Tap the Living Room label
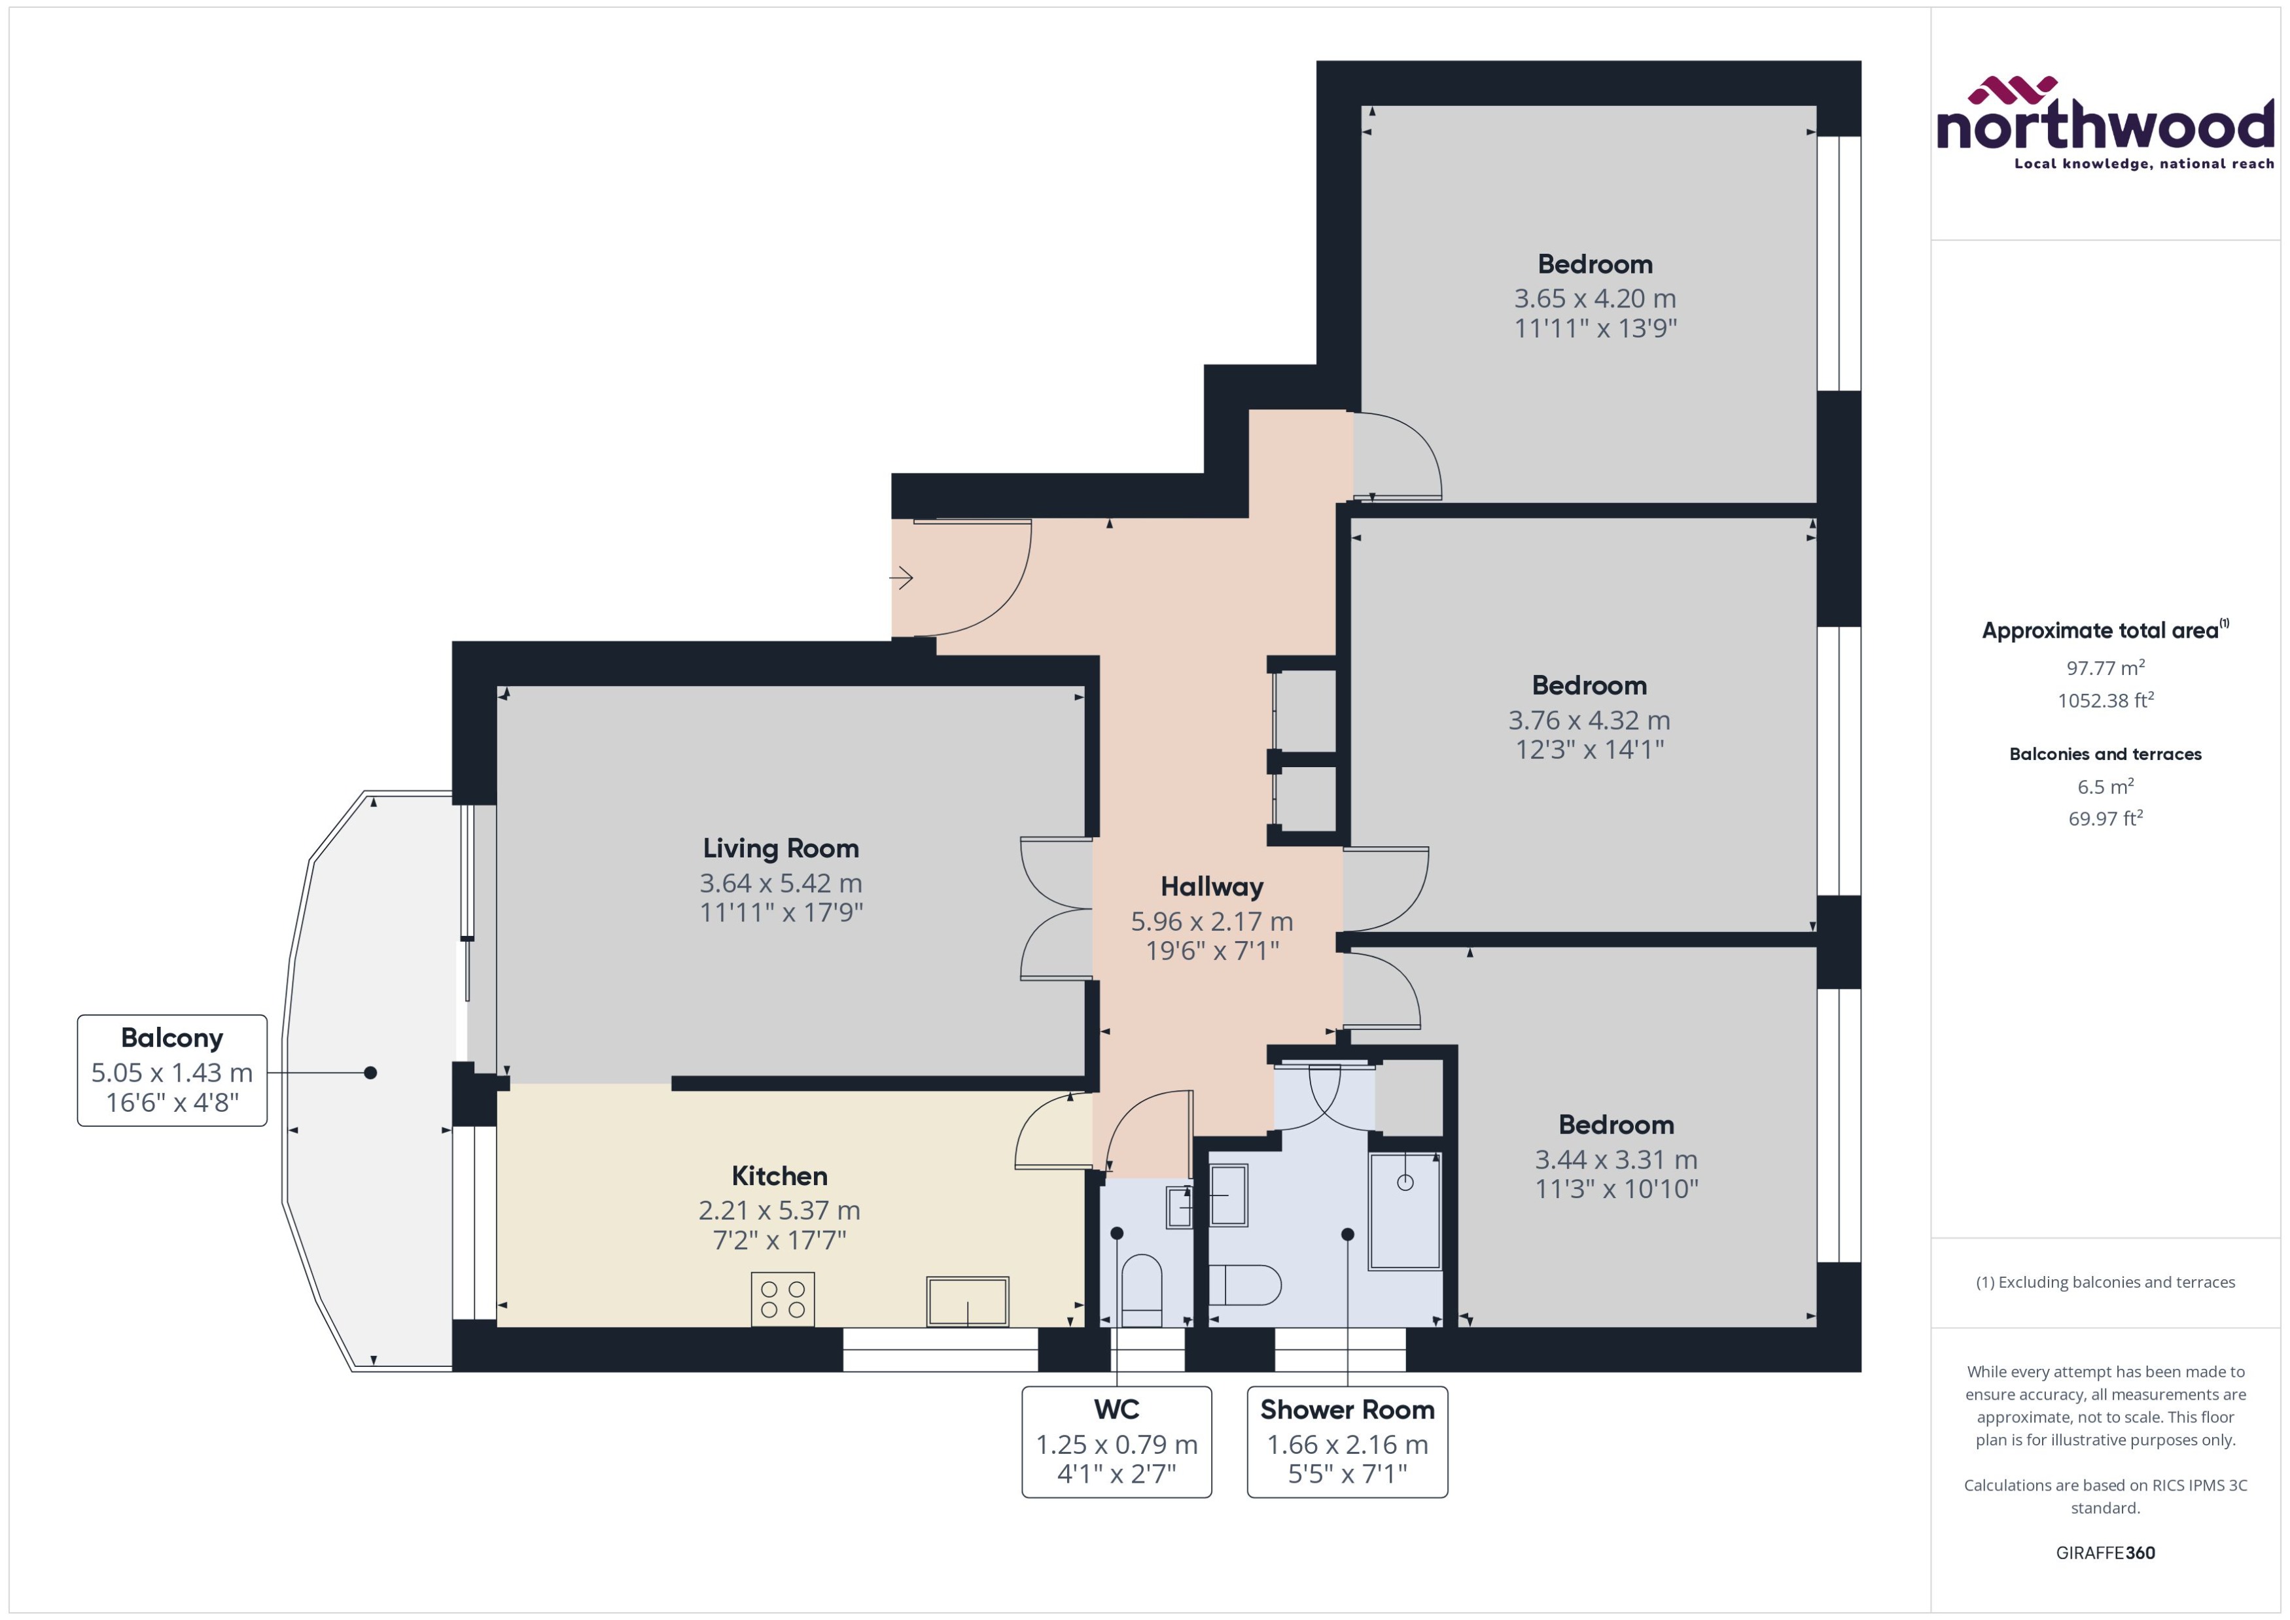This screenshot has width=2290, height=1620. (781, 848)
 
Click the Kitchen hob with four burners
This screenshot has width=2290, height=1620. (783, 1299)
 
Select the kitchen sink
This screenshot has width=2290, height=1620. (967, 1301)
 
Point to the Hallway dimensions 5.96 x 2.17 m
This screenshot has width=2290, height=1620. (1211, 921)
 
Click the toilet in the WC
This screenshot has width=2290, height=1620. (1142, 1290)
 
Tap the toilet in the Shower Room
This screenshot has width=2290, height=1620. (1244, 1286)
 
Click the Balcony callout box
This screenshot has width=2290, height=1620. (171, 1071)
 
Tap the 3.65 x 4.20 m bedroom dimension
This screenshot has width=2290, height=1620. (1594, 298)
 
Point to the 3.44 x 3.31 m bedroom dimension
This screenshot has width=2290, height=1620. (1615, 1159)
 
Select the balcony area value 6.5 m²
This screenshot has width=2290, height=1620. (2104, 786)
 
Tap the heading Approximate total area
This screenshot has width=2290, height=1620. (2100, 630)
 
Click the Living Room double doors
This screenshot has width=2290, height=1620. (1056, 908)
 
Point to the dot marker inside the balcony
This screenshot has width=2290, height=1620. (370, 1073)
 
